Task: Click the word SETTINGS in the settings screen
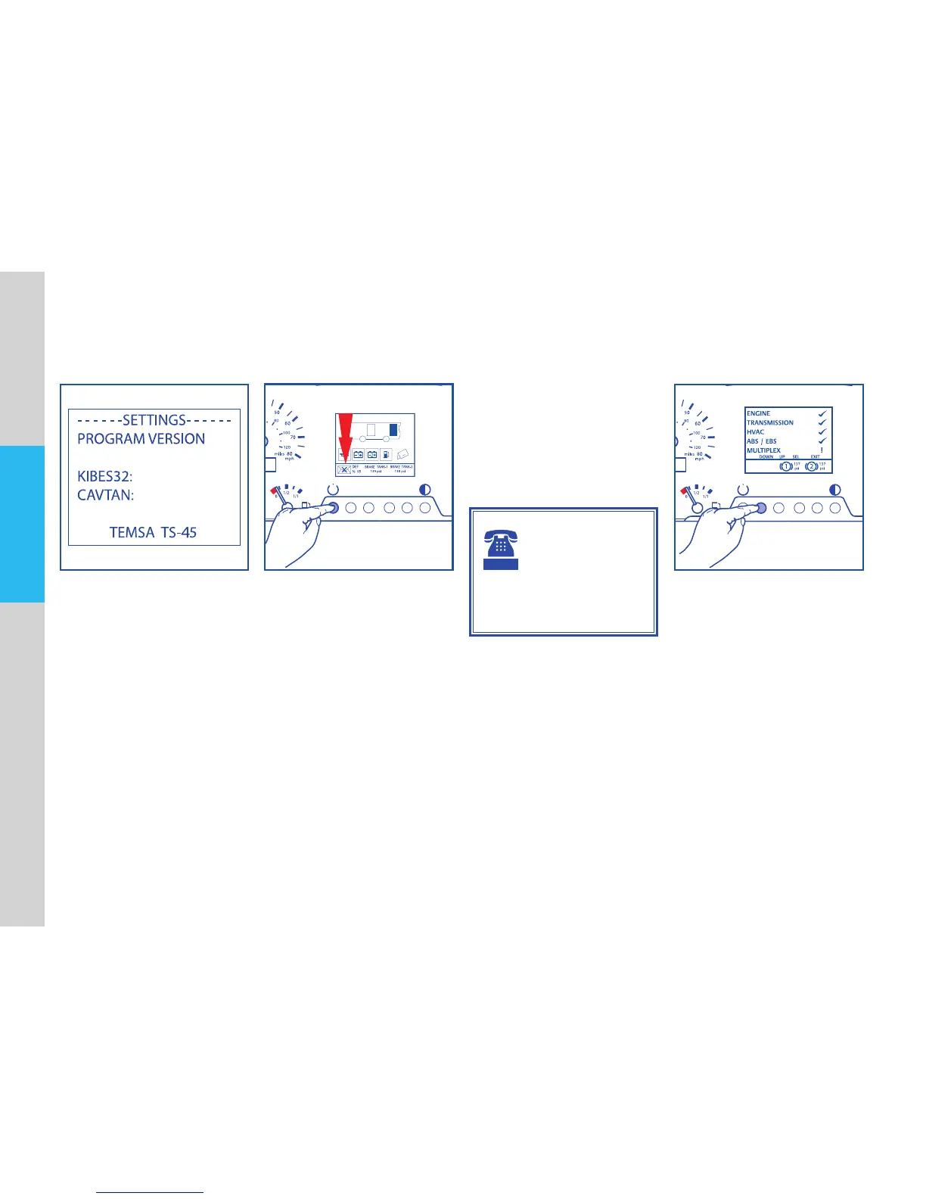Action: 154,420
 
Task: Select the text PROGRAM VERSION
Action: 141,439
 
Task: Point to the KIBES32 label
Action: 105,476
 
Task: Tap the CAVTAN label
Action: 106,495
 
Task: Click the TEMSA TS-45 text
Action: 153,532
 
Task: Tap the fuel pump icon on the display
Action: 387,454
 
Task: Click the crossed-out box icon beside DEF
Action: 343,469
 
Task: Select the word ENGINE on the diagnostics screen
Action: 758,413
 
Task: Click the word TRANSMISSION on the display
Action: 770,422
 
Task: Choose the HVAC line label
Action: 755,431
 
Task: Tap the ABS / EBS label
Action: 761,441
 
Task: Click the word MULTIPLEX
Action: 763,450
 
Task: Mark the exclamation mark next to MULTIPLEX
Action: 821,450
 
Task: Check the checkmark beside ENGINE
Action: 822,413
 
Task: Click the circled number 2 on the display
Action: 811,466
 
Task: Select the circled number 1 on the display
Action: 786,466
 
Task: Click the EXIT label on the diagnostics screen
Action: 815,457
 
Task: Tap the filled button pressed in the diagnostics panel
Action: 761,508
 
